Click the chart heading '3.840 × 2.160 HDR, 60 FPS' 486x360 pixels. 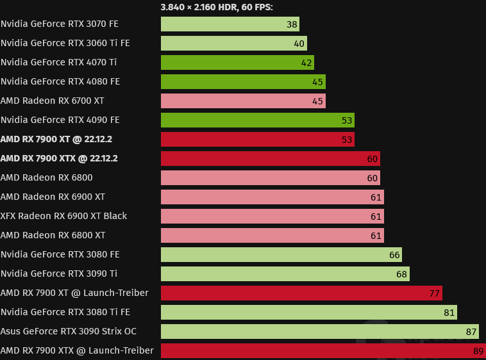click(x=221, y=7)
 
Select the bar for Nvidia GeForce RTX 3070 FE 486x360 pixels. click(x=230, y=24)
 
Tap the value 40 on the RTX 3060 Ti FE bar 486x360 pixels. click(x=299, y=43)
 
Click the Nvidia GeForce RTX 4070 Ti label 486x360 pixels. click(x=59, y=62)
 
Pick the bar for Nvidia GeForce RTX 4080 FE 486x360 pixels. click(x=243, y=81)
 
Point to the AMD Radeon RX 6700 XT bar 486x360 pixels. click(x=243, y=101)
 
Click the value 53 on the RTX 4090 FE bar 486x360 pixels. click(x=346, y=120)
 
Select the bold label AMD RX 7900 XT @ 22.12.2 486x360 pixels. click(x=59, y=139)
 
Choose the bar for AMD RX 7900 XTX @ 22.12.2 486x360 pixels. click(x=270, y=158)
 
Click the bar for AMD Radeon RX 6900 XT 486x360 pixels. click(x=272, y=197)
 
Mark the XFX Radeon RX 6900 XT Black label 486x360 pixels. click(x=63, y=216)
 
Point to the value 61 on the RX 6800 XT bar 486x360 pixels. click(x=376, y=235)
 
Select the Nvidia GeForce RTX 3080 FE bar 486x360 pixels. click(x=281, y=254)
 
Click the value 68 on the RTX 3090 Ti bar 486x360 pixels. click(x=401, y=274)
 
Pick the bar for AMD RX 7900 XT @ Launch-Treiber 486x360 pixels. click(x=301, y=293)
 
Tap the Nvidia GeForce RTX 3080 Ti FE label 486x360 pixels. click(x=65, y=312)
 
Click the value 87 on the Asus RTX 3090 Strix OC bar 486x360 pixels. click(x=471, y=331)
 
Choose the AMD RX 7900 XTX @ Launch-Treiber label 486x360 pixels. click(x=77, y=350)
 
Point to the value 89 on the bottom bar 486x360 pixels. click(x=478, y=350)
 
